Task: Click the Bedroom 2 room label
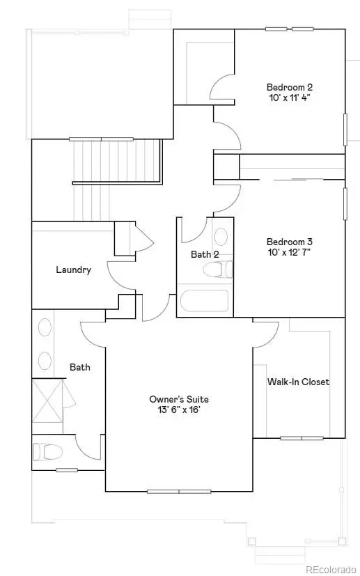(x=290, y=87)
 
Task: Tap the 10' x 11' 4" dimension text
(x=290, y=98)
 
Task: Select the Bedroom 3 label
(x=290, y=242)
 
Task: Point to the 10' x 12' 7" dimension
(x=290, y=253)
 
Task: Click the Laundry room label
(x=73, y=270)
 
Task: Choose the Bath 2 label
(x=205, y=255)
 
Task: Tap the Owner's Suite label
(x=179, y=399)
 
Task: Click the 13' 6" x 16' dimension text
(x=179, y=410)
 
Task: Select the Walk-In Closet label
(x=298, y=382)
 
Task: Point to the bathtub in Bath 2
(x=203, y=302)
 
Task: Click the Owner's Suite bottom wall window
(x=179, y=491)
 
